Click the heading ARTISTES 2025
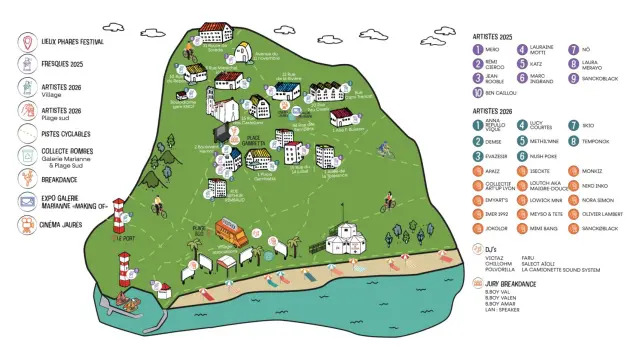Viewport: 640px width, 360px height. point(499,35)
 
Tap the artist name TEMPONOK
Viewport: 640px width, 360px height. point(594,141)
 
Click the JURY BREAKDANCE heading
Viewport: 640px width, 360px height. point(509,284)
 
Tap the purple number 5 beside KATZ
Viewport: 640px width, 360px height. point(523,63)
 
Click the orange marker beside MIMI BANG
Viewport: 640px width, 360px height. point(523,228)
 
